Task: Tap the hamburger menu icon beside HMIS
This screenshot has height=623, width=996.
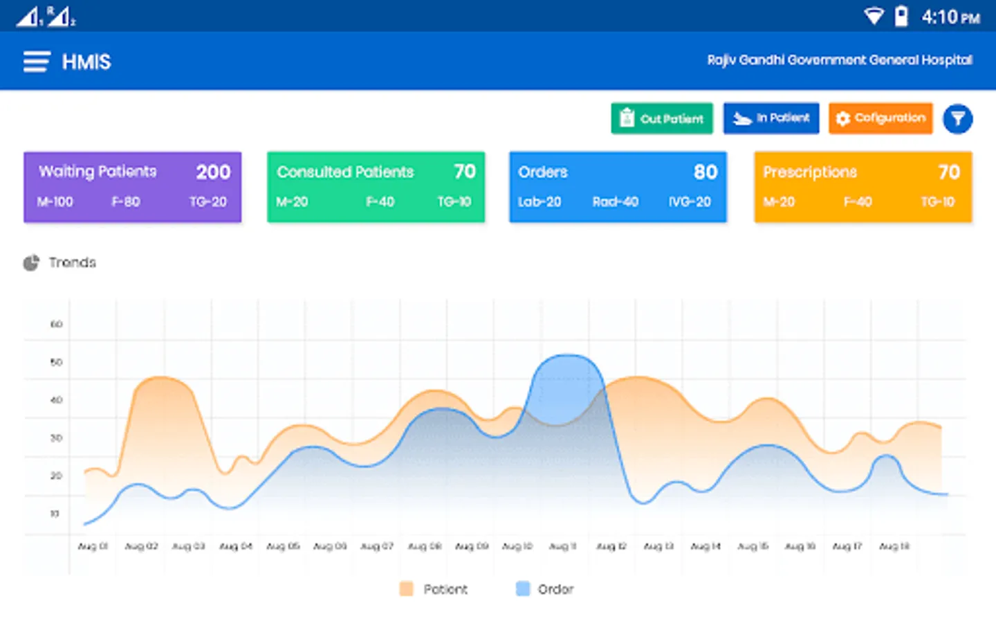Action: tap(37, 62)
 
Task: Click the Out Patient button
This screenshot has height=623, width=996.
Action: tap(661, 118)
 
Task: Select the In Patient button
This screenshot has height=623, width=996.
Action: tap(771, 118)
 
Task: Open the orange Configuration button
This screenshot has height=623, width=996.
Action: tap(880, 118)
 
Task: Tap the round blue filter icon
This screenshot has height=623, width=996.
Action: tap(957, 119)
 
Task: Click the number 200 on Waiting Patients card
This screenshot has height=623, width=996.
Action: tap(213, 172)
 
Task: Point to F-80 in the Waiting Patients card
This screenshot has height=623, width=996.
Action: tap(126, 202)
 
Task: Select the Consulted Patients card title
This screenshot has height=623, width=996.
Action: tap(345, 172)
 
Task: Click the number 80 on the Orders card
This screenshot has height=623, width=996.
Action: tap(705, 172)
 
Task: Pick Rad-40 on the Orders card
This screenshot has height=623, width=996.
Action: tap(615, 202)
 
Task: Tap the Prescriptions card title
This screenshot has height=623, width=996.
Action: tap(810, 172)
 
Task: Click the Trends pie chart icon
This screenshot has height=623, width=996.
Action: tap(31, 263)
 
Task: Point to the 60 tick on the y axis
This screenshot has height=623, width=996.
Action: tap(56, 324)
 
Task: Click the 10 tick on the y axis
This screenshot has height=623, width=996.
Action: tap(55, 514)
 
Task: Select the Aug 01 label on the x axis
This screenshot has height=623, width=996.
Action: tap(93, 546)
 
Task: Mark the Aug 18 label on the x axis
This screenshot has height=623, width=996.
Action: tap(894, 546)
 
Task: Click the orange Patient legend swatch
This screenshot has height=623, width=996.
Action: tap(406, 589)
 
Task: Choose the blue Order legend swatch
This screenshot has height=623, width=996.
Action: tap(523, 589)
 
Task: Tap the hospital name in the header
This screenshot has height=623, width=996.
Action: tap(839, 60)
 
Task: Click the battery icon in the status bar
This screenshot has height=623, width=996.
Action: tap(901, 16)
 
